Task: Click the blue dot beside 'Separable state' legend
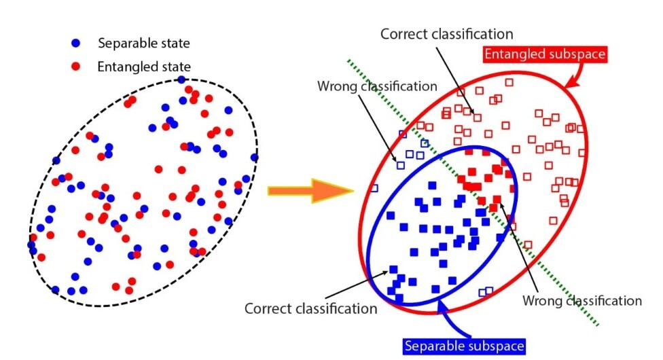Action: click(x=77, y=43)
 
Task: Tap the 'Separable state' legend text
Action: click(x=143, y=43)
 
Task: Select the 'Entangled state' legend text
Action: click(x=143, y=67)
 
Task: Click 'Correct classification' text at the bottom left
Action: click(x=311, y=309)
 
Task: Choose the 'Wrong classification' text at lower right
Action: click(x=582, y=300)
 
